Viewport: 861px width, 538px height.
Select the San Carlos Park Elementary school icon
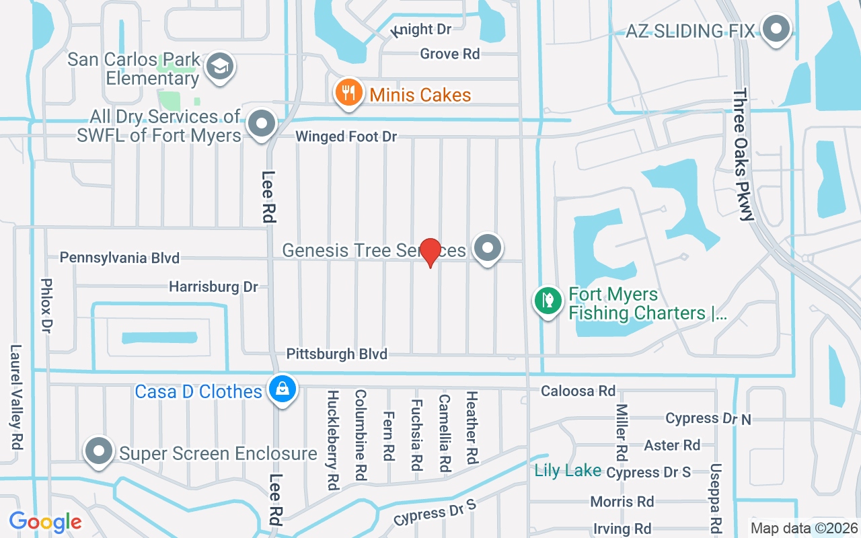point(220,67)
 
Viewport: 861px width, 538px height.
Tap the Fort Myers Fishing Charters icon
point(548,301)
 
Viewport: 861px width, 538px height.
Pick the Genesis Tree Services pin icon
point(487,248)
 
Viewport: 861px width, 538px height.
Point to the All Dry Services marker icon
point(262,124)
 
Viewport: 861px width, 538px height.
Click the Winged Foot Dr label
point(346,137)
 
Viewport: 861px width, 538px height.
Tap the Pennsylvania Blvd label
point(120,258)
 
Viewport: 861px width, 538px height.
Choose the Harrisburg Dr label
point(213,286)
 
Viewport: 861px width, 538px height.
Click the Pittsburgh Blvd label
point(336,354)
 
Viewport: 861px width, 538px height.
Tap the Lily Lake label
point(568,470)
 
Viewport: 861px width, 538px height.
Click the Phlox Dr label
point(46,306)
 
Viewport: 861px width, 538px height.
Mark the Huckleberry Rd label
point(332,439)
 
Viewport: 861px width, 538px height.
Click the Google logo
point(45,522)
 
